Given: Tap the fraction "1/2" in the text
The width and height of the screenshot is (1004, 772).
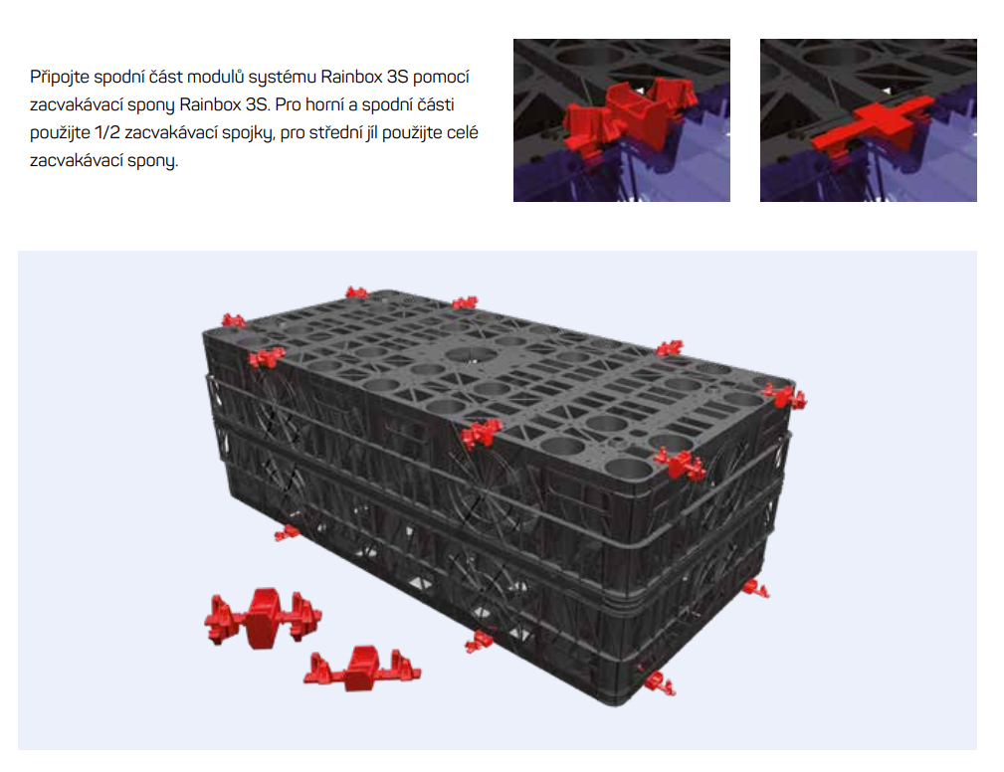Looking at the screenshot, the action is click(x=106, y=132).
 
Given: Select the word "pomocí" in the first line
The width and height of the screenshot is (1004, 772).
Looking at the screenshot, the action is click(x=441, y=78).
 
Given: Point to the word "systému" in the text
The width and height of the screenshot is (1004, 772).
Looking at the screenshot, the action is click(x=281, y=78).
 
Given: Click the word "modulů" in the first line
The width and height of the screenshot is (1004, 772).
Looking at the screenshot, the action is click(x=215, y=77).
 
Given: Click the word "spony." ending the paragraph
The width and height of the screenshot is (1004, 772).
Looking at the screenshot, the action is click(x=152, y=161).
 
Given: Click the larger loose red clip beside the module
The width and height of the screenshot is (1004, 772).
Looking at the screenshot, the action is click(x=263, y=617).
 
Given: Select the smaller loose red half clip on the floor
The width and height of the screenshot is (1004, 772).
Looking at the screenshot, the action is click(x=362, y=669).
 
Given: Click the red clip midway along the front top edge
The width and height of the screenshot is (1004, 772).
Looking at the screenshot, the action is click(x=481, y=434).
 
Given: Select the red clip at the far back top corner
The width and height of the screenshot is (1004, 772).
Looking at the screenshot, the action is click(x=356, y=293).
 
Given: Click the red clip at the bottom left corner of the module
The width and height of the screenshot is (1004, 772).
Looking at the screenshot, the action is click(x=287, y=532).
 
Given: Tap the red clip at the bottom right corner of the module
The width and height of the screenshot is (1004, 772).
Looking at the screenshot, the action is click(x=756, y=589).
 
